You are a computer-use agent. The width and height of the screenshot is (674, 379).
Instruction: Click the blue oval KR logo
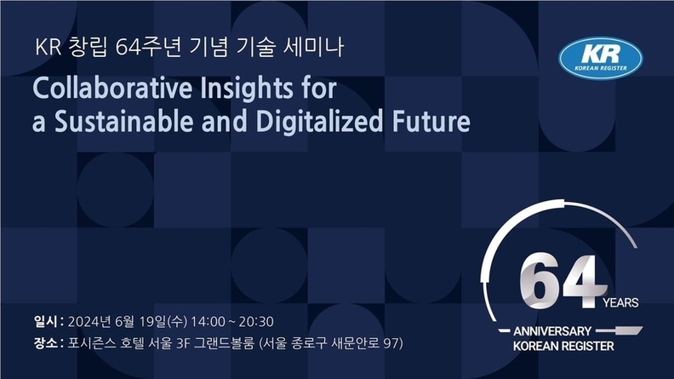tap(601, 59)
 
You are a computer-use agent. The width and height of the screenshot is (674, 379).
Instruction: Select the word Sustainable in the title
tap(123, 121)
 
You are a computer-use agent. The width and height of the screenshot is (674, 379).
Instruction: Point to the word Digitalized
tap(319, 122)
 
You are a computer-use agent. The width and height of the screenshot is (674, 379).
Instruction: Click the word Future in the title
tap(431, 121)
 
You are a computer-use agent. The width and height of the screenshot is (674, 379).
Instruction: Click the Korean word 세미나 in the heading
tap(313, 48)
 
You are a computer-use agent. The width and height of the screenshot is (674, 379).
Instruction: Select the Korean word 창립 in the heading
tap(88, 48)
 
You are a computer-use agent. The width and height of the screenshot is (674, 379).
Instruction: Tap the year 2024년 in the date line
tap(89, 322)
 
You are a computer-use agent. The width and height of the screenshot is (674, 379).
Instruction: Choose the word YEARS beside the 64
tap(620, 303)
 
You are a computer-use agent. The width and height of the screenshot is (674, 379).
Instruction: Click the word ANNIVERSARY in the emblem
tap(552, 331)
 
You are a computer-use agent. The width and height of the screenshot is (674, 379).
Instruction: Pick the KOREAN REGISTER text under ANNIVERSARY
tap(563, 346)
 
